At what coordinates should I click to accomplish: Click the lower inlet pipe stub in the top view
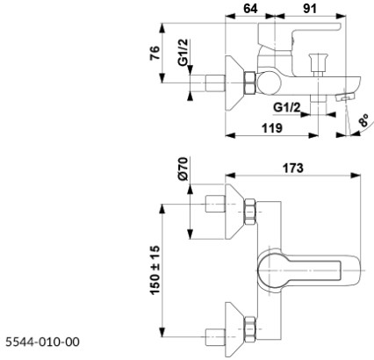(x=214, y=332)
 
